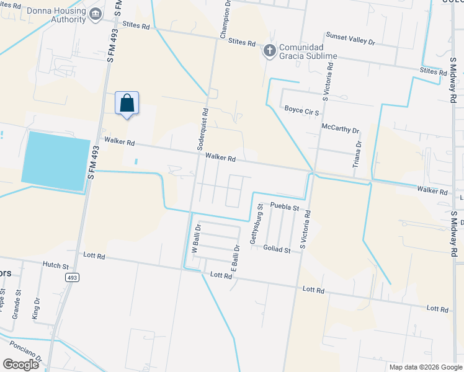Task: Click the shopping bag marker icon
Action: (x=127, y=104)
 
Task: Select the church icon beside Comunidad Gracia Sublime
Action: (x=270, y=50)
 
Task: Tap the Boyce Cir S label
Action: (x=301, y=112)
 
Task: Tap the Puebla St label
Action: (x=285, y=207)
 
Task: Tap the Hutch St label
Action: (x=55, y=265)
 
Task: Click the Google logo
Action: (x=20, y=364)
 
